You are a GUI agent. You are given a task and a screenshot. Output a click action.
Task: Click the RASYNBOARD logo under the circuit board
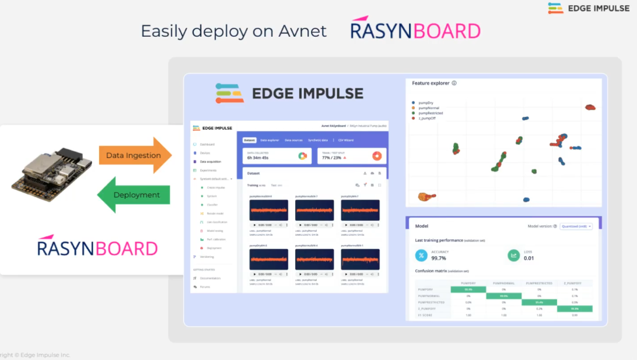tap(97, 247)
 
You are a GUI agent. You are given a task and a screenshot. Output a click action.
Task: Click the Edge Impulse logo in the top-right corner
tap(589, 9)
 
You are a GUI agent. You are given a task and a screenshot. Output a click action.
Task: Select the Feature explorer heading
tap(430, 83)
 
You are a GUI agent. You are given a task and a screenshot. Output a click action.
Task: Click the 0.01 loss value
tap(528, 257)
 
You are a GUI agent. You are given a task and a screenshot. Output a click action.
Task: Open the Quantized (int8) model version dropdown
tap(576, 226)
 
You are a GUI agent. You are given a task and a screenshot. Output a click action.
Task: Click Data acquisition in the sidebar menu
tap(211, 161)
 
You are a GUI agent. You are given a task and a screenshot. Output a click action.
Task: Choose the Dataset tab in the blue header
tap(249, 140)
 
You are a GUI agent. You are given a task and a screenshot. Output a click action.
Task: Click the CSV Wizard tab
tap(346, 140)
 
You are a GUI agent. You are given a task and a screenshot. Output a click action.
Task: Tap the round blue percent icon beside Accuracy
tap(421, 255)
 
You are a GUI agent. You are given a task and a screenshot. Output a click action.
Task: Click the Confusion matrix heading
tap(433, 271)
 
